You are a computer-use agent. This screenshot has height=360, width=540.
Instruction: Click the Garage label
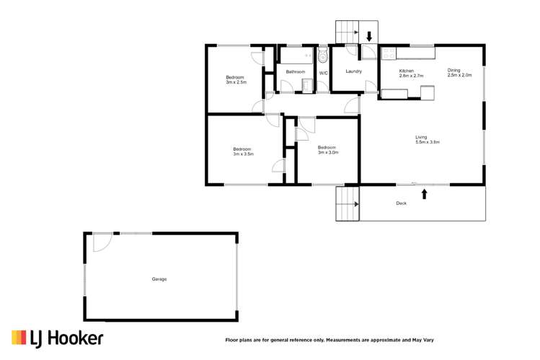pos(159,279)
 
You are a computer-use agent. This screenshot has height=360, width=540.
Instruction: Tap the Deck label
pos(402,203)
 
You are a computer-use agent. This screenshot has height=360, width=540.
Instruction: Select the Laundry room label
pos(353,71)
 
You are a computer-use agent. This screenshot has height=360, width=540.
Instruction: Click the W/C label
pos(323,73)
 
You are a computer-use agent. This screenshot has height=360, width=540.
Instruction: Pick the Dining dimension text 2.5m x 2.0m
pos(459,75)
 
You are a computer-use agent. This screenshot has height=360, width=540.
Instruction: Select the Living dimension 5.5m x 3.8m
pos(428,142)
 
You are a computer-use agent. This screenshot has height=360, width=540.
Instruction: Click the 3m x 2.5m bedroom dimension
pos(236,82)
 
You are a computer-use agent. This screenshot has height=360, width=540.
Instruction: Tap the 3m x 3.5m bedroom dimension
pos(242,154)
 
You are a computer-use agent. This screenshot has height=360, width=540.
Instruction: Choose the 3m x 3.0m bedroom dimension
pos(328,152)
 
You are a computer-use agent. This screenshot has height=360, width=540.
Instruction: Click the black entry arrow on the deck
pos(424,193)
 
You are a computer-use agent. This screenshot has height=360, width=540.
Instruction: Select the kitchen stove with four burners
pos(389,53)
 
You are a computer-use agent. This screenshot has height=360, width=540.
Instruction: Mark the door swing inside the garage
pos(101,243)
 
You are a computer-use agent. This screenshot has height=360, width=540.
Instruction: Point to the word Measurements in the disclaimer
pos(350,339)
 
